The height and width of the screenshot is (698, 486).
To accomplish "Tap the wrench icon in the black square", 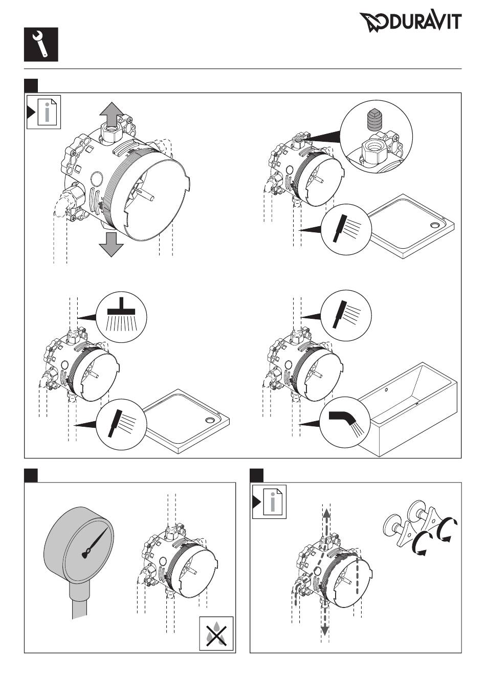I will pos(41,44).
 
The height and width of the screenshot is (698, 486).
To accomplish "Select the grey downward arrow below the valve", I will pos(111,245).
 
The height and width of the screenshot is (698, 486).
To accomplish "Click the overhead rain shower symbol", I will pos(121,317).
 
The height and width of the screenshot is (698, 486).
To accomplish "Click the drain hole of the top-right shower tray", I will pos(435,225).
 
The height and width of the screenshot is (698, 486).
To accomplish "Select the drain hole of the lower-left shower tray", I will pos(209,421).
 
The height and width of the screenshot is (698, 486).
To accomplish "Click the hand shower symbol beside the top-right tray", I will pos(346,228).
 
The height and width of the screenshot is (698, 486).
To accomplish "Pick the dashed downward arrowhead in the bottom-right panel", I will pos(324,630).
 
